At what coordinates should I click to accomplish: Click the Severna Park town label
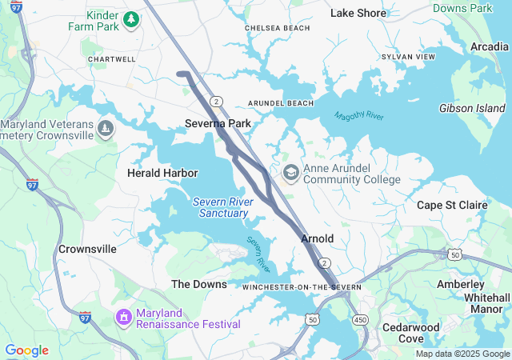coord(218,123)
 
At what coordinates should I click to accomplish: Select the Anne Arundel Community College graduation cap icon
coord(290,173)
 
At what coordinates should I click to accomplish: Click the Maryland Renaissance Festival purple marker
coord(124,318)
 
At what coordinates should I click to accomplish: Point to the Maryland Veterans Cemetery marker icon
coord(106,128)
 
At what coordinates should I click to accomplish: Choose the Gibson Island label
coord(472,108)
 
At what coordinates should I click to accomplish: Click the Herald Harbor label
coord(162,173)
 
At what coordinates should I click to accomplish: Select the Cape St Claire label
coord(452,206)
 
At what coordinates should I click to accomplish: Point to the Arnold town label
coord(317,239)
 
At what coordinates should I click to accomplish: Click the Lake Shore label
coord(358,13)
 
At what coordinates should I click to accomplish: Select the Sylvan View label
coord(409,58)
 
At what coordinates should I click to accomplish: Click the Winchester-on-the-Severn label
coord(302,286)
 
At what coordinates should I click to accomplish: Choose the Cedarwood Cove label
coord(411,333)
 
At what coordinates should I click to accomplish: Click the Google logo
coord(26,350)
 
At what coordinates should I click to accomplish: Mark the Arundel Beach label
coord(281,104)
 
